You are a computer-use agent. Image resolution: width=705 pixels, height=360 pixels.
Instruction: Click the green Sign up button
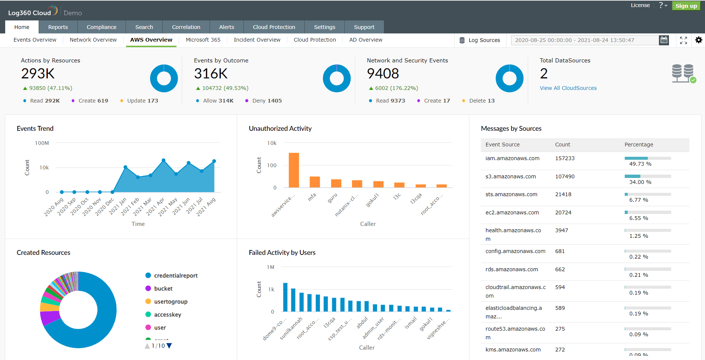686,6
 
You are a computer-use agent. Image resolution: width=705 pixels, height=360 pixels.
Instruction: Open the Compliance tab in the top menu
101,27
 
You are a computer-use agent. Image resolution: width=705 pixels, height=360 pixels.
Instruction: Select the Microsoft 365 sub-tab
203,40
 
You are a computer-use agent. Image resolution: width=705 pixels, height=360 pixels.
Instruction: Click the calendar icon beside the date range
664,40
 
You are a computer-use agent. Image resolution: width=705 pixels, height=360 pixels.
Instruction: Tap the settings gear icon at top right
699,40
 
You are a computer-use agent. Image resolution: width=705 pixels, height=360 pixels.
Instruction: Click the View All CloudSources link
568,88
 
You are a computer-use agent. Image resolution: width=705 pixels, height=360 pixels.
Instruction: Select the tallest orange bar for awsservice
294,170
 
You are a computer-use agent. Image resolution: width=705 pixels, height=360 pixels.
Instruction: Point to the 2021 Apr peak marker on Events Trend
164,160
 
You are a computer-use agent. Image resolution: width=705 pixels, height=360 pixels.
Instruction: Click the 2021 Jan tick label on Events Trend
118,206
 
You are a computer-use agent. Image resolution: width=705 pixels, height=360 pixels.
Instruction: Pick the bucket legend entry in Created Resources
163,289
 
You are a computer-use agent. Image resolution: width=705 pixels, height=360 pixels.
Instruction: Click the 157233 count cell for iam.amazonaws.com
565,158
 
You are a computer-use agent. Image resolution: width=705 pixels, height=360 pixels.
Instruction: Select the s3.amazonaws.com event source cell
510,176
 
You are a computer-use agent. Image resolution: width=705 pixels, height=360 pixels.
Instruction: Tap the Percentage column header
638,145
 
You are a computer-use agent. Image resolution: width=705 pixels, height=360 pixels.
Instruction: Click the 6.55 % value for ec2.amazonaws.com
638,218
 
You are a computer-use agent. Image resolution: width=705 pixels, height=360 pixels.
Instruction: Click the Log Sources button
480,40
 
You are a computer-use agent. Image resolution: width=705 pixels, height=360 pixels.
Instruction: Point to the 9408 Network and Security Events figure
383,74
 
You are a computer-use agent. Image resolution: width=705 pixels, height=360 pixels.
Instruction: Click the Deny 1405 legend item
266,101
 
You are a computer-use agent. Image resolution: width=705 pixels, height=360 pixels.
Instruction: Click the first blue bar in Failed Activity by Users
285,297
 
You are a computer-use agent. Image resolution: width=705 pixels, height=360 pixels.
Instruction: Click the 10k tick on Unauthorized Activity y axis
272,143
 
